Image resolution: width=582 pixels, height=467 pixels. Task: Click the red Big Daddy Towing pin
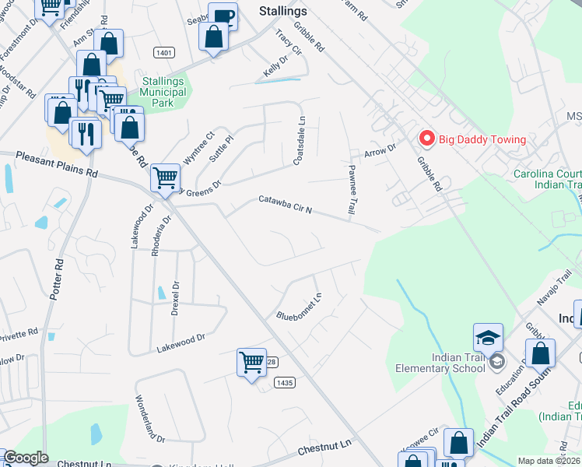point(426,139)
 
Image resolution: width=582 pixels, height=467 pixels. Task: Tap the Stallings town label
point(282,12)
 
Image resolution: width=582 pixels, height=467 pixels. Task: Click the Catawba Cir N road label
point(286,205)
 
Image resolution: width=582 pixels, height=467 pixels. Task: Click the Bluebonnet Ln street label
point(300,306)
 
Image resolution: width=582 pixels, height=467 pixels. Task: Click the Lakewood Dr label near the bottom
point(180,342)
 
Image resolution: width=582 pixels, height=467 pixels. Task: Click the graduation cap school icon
point(488,337)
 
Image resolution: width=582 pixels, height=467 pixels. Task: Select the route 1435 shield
point(284,381)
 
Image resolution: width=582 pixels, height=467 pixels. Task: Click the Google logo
point(26,458)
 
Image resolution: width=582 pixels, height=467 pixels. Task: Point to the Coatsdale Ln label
point(299,141)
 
